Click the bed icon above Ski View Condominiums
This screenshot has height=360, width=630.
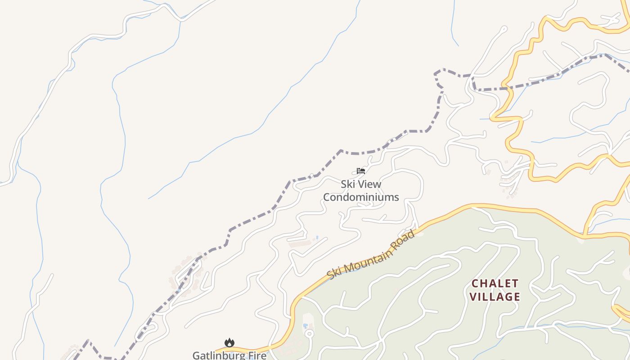360,171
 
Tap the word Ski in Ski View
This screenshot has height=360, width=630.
347,184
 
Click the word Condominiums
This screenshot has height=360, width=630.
361,197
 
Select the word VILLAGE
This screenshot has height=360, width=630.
495,297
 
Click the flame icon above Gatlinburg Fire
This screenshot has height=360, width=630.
229,343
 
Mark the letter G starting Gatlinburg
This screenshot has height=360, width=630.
196,355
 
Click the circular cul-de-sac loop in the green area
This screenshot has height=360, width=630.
309,334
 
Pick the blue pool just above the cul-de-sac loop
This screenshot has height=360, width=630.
306,325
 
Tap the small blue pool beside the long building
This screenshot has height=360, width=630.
317,238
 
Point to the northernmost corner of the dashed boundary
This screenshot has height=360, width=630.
605,55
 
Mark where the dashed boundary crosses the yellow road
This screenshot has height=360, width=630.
508,89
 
